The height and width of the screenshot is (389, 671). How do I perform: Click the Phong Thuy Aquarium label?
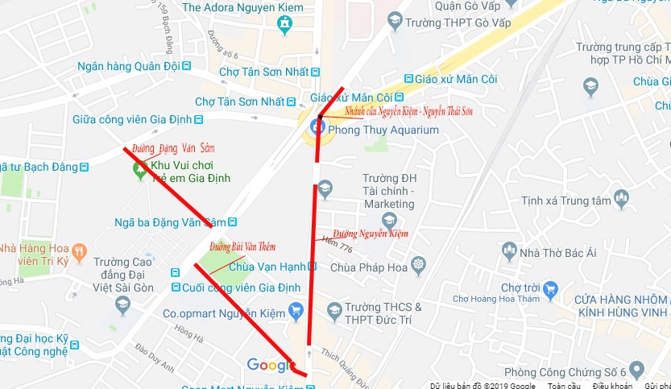tap(383, 130)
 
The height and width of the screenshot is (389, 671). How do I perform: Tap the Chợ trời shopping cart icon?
tap(550, 288)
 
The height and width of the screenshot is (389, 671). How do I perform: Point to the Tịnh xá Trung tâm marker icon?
tap(620, 197)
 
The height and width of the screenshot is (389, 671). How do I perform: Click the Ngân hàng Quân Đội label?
tap(128, 66)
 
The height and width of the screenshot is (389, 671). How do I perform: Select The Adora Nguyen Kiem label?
tap(242, 7)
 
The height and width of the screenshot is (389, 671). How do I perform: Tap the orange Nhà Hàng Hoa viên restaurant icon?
tap(79, 251)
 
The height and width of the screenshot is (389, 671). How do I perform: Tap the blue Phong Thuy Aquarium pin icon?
tap(313, 127)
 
